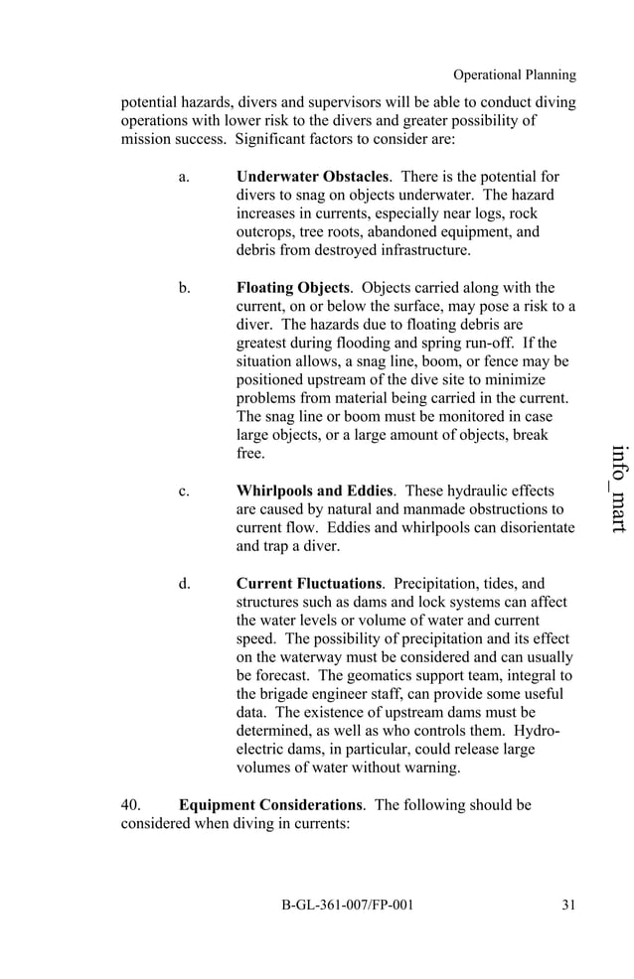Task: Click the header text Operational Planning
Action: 514,74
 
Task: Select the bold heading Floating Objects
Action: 293,288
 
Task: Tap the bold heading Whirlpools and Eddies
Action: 315,490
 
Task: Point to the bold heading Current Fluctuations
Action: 309,583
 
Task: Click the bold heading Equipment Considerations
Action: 269,804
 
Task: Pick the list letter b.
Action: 185,288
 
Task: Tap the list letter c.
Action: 184,490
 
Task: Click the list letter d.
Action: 185,583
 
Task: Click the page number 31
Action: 567,905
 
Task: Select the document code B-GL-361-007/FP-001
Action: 347,905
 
